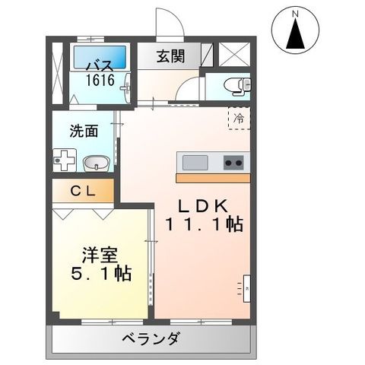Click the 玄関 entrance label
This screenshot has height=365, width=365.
tap(171, 56)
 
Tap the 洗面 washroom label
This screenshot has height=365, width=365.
tap(84, 130)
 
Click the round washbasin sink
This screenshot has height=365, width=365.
tap(95, 163)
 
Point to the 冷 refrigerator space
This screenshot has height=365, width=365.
tap(239, 118)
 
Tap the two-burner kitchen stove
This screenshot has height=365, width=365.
tap(233, 162)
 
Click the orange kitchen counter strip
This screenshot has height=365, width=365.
tap(212, 177)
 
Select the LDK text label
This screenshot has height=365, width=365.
tap(203, 206)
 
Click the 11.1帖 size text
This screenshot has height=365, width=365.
tap(203, 226)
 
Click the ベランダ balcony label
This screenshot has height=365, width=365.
tap(150, 339)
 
